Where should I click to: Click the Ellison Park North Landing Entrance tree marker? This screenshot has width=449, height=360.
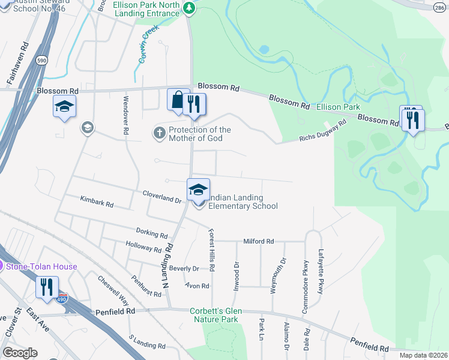coord(189,8)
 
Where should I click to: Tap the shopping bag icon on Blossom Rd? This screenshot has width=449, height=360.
coord(178,100)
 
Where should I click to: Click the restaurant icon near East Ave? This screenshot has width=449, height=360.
coord(47,287)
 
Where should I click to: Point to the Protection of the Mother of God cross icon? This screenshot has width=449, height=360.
coord(160,133)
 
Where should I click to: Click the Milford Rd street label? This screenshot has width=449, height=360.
coord(258,241)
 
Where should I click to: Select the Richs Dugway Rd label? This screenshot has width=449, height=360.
coord(324,131)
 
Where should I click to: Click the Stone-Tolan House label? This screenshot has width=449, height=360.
coord(41,266)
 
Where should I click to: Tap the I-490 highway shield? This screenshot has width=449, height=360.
coord(64,297)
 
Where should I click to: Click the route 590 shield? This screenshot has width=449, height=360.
coord(41,61)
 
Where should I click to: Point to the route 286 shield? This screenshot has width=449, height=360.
coord(439,6)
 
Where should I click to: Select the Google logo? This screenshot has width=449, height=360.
coord(20,353)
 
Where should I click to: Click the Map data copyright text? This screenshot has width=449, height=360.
coord(423,355)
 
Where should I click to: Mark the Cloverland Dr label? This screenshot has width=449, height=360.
coord(162,196)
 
